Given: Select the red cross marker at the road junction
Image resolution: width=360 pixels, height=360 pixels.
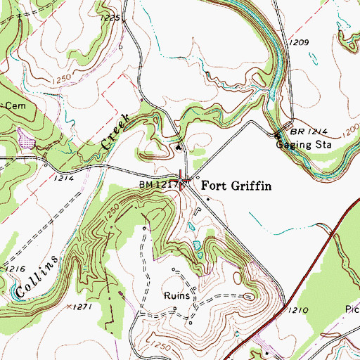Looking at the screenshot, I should (x=184, y=181).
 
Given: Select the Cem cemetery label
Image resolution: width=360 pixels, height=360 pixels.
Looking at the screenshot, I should (x=14, y=105).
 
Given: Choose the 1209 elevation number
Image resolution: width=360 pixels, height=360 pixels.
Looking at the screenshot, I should (x=298, y=43).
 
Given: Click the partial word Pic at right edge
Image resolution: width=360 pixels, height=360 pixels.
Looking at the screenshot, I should (x=352, y=309).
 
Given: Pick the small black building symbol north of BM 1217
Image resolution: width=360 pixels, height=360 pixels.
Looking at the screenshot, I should (x=179, y=147).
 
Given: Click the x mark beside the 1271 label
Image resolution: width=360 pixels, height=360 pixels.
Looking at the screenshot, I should (x=68, y=307).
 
